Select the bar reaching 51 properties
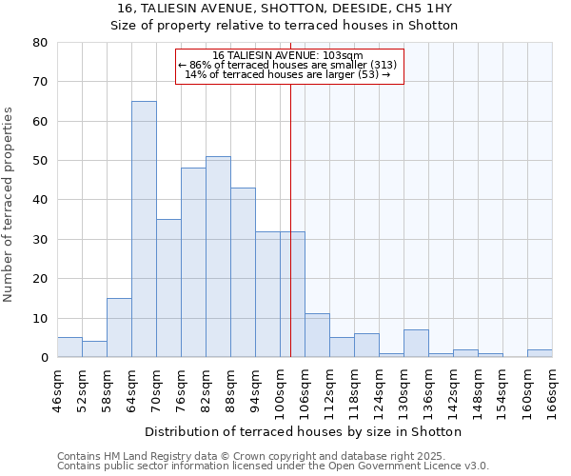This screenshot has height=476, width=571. click(x=218, y=257)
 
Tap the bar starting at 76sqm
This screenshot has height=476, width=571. click(x=193, y=263)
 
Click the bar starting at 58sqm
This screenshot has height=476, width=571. click(x=119, y=327)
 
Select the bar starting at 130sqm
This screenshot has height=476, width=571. click(x=416, y=344)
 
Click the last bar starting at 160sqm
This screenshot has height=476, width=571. click(x=540, y=353)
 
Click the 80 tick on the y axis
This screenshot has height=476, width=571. click(x=40, y=43)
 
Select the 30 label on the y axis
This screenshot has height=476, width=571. click(x=40, y=240)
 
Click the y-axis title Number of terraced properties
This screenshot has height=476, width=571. click(x=10, y=204)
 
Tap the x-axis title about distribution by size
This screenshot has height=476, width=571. click(x=304, y=431)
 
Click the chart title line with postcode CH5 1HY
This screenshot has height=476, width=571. click(x=285, y=9)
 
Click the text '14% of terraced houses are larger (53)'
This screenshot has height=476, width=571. click(x=287, y=74)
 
